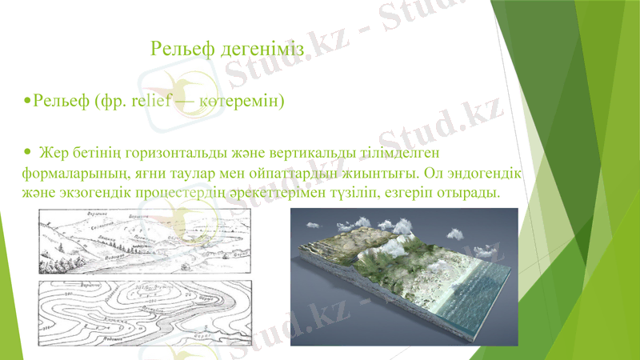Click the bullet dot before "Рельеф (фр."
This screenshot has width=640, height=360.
point(29,102)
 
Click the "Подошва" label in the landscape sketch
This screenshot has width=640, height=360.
point(80,263)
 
